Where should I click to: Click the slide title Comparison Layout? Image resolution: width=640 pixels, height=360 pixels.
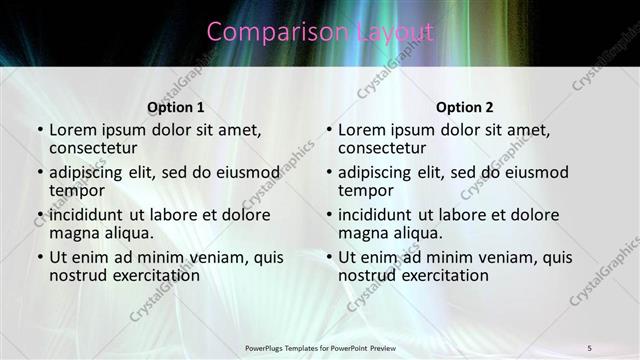pyautogui.click(x=320, y=32)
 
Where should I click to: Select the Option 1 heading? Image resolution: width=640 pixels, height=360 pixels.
pyautogui.click(x=175, y=107)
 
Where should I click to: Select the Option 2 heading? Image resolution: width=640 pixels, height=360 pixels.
pyautogui.click(x=464, y=107)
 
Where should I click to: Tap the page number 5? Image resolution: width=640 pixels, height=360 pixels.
pyautogui.click(x=589, y=347)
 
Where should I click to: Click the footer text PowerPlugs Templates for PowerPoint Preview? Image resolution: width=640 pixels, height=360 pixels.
pyautogui.click(x=320, y=347)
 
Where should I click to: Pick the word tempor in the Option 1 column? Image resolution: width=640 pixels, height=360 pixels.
pyautogui.click(x=75, y=190)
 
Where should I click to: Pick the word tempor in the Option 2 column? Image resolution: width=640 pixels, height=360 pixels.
pyautogui.click(x=364, y=190)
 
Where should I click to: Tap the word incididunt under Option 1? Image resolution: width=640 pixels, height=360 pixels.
pyautogui.click(x=86, y=214)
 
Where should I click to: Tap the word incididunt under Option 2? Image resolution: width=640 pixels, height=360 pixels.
pyautogui.click(x=375, y=214)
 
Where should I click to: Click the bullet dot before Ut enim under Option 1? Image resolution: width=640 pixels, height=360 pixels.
pyautogui.click(x=40, y=257)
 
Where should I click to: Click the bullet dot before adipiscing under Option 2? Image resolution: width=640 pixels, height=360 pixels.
pyautogui.click(x=329, y=172)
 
